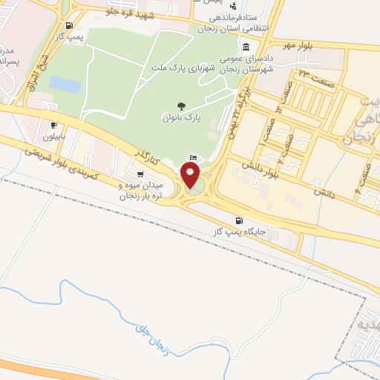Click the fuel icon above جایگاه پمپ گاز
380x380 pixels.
coord(237,220)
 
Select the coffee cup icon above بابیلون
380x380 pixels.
coord(53,125)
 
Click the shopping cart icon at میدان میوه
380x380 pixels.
coord(140,175)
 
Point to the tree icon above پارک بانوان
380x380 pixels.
coord(181,106)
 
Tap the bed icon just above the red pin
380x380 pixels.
coord(194,158)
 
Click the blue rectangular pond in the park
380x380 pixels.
coord(65,85)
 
